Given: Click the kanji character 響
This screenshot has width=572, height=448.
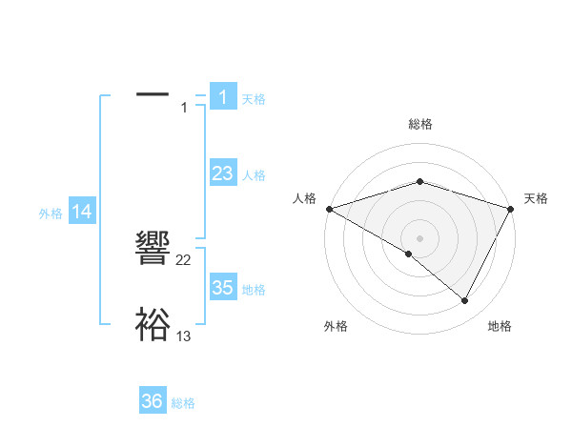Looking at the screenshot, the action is [x=153, y=250].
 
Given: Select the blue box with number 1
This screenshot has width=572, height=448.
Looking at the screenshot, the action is [x=222, y=96].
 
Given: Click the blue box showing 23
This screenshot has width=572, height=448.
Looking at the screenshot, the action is [x=222, y=173].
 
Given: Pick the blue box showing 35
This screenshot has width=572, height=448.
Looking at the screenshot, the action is [x=222, y=288].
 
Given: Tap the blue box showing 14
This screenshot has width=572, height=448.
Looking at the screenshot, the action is [x=82, y=213].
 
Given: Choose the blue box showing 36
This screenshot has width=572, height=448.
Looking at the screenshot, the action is [x=153, y=401].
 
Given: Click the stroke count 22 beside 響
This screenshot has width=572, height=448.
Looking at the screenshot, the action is [x=184, y=260].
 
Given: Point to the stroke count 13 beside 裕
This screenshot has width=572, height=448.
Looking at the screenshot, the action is [x=184, y=336].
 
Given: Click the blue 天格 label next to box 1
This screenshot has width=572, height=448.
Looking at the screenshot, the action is [x=254, y=98].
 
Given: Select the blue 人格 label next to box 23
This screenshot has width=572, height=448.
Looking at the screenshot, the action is [x=254, y=175].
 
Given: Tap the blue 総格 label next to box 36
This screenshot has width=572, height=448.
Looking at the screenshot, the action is [x=183, y=403].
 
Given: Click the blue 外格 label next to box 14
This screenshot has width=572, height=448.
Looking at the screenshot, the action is [x=51, y=214].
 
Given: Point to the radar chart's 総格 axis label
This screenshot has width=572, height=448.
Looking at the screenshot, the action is [x=420, y=124].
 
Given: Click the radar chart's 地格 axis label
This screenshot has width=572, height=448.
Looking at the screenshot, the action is [x=500, y=327].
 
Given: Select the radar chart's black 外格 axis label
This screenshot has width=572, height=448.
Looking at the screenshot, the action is [x=336, y=327].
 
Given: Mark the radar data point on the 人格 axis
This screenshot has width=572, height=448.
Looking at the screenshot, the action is [x=329, y=208].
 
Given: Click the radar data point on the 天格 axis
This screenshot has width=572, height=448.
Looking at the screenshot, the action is [x=511, y=208].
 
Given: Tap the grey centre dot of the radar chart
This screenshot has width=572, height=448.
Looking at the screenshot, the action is [x=419, y=237].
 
